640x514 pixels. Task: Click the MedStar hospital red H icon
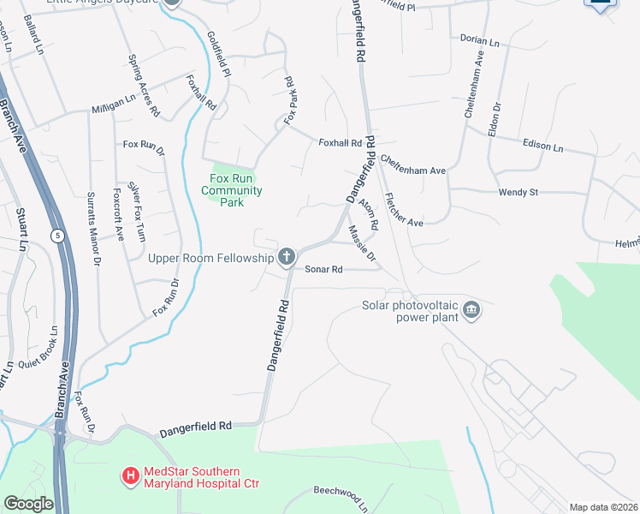click(130, 474)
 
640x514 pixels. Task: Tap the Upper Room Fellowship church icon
click(287, 257)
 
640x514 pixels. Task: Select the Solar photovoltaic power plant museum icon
click(471, 309)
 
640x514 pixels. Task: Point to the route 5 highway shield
click(56, 236)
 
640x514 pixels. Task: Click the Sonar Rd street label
click(324, 269)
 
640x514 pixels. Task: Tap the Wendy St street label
click(518, 193)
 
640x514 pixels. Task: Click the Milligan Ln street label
click(114, 109)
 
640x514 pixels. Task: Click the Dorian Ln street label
click(479, 40)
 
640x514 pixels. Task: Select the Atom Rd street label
click(369, 214)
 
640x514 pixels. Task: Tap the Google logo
click(27, 504)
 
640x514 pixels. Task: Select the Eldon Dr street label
click(494, 118)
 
